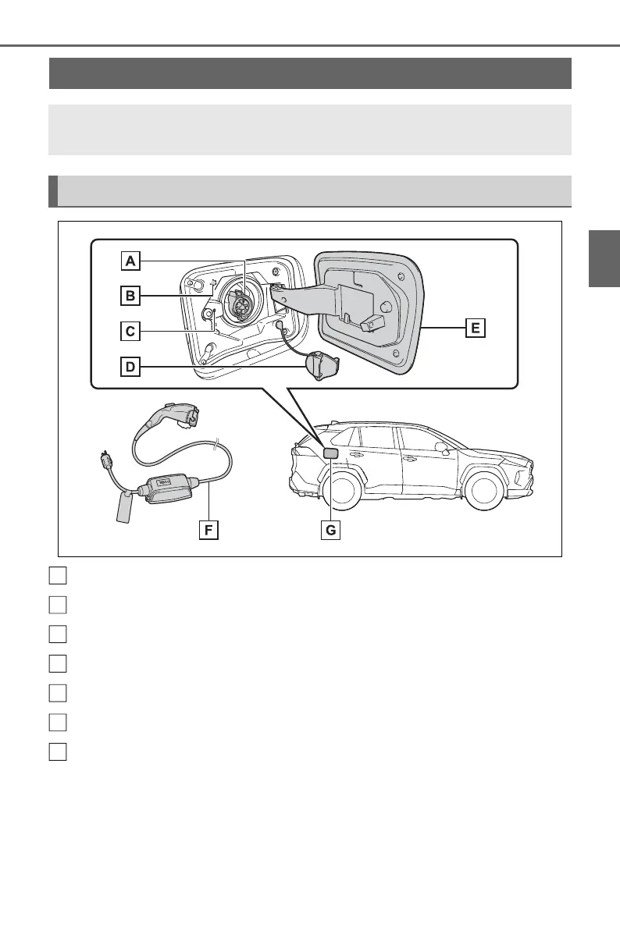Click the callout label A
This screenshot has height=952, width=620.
click(x=130, y=260)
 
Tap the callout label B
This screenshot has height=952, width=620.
click(x=130, y=296)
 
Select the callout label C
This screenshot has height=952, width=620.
click(x=130, y=331)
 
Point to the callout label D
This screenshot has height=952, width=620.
click(x=130, y=367)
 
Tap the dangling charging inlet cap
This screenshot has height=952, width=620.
click(x=318, y=365)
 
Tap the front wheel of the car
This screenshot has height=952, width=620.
click(x=481, y=489)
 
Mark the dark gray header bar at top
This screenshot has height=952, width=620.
click(x=310, y=73)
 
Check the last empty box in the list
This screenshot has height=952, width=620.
click(x=57, y=751)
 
